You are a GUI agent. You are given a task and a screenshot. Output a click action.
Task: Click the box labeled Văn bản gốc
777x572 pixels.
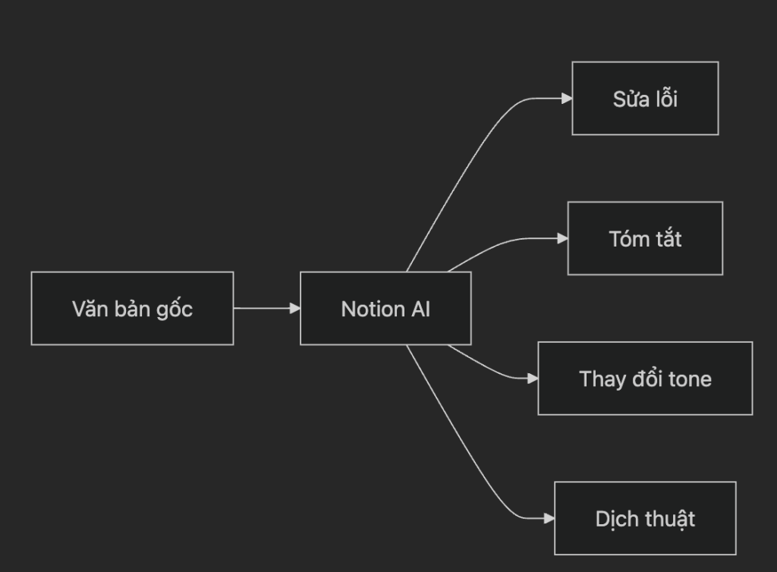point(132,308)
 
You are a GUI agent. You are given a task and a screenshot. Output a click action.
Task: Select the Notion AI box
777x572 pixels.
point(385,308)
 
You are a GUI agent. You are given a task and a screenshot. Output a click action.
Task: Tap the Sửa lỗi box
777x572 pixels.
point(645,99)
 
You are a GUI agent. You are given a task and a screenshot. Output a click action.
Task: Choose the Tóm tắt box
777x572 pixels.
point(645,238)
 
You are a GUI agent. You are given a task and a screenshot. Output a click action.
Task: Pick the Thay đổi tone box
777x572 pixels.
point(645,378)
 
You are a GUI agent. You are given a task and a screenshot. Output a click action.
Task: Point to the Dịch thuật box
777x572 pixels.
point(645,518)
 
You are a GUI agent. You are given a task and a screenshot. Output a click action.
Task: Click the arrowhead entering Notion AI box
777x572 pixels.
point(295,308)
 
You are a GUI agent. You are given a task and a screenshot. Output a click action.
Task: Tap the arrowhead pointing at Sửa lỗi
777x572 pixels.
point(566,98)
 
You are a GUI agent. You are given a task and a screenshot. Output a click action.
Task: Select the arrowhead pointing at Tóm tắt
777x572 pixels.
point(562,238)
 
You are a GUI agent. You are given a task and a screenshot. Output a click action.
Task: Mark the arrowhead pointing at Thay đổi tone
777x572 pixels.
point(533,378)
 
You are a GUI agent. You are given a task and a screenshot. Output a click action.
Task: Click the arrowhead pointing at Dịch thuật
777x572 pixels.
point(549,518)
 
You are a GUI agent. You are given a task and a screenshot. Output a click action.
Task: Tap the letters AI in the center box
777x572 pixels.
point(420,309)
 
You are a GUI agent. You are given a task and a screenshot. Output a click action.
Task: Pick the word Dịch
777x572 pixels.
point(614,519)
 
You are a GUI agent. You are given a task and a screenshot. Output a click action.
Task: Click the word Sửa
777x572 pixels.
point(628,99)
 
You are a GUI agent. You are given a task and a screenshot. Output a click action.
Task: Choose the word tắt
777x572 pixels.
point(667,239)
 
